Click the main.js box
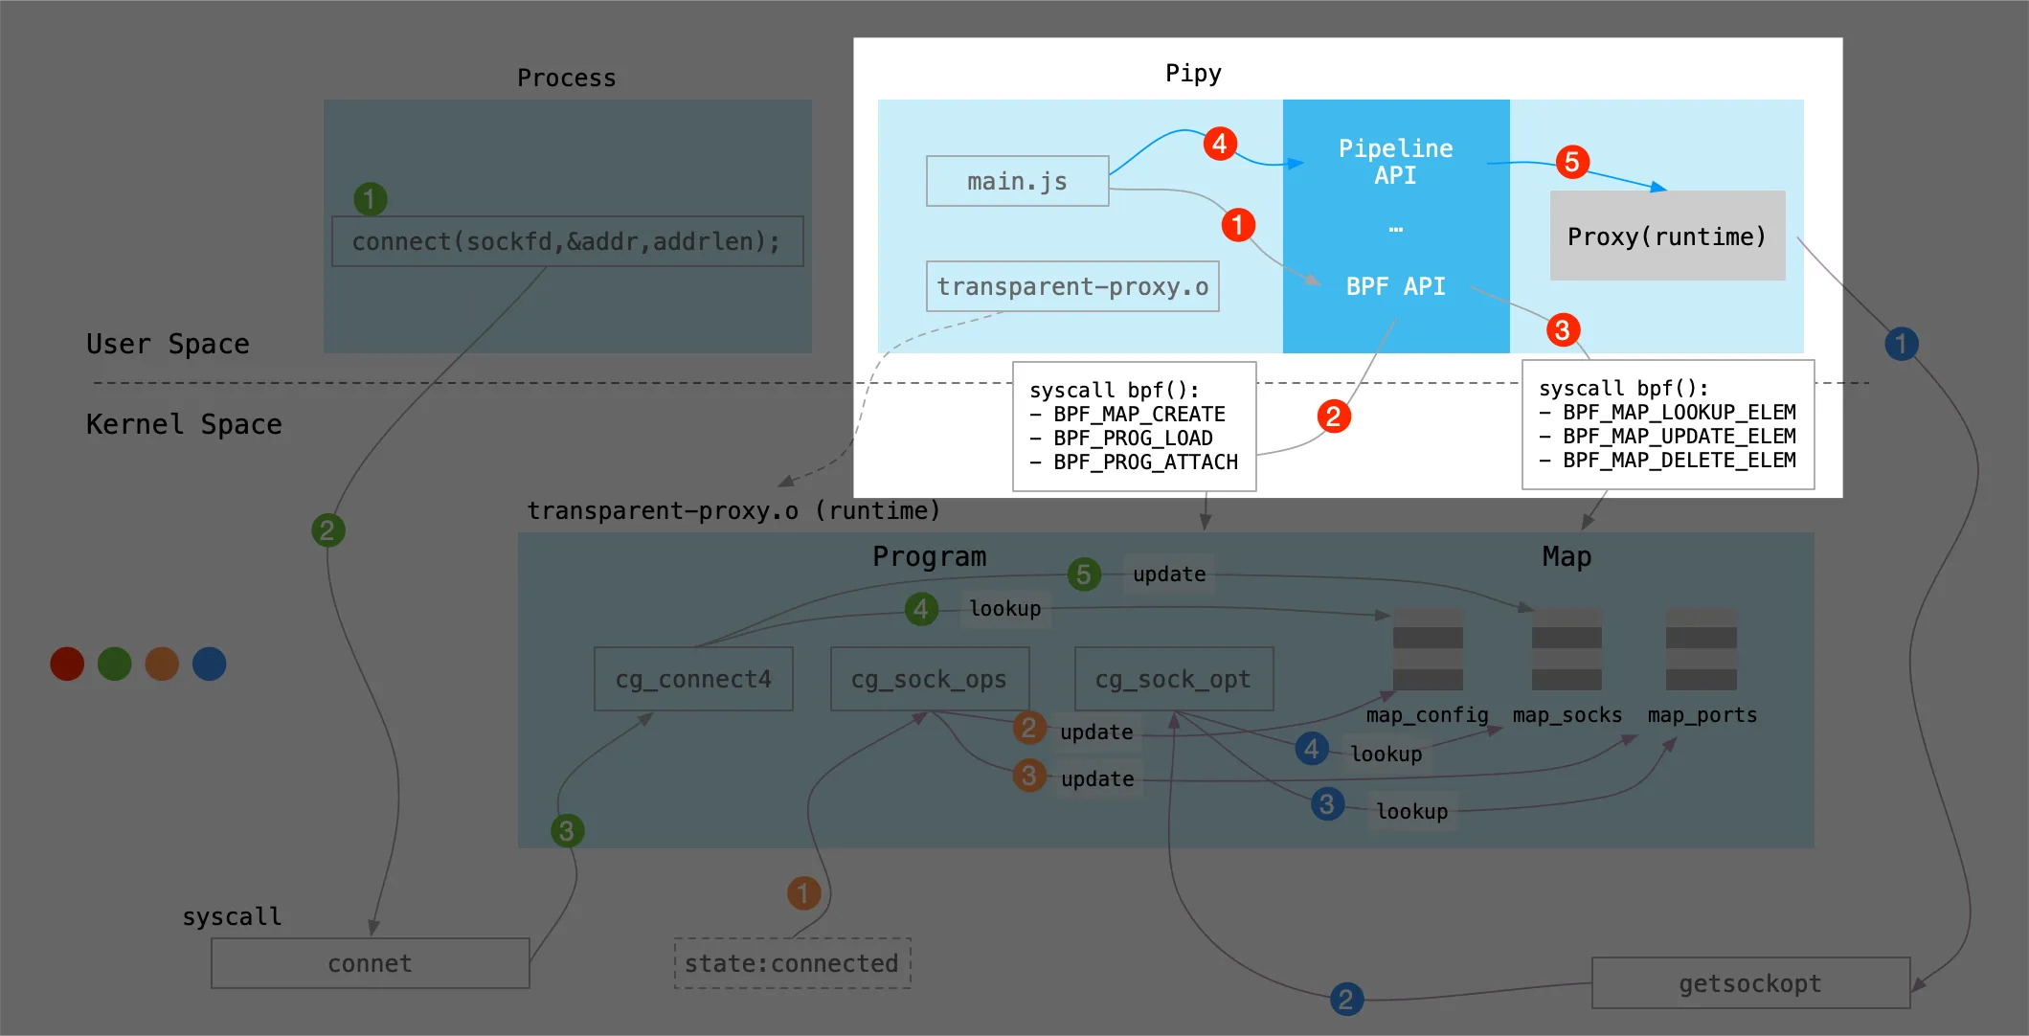click(1017, 181)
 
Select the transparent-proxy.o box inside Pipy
click(1072, 286)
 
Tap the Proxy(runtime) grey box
click(1667, 236)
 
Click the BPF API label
click(1395, 286)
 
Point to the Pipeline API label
click(1395, 162)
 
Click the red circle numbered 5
click(1572, 162)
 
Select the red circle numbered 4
click(1219, 144)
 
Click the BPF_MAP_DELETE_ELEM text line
click(1679, 461)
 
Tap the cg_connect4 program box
click(693, 679)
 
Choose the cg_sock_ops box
click(929, 679)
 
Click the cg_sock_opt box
click(1173, 679)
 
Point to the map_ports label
click(1702, 715)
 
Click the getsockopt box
click(1750, 983)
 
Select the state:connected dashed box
click(792, 963)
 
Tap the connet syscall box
click(370, 963)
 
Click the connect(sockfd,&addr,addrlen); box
click(567, 241)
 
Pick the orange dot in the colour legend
click(162, 664)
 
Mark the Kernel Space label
click(184, 424)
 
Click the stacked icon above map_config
click(1428, 648)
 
